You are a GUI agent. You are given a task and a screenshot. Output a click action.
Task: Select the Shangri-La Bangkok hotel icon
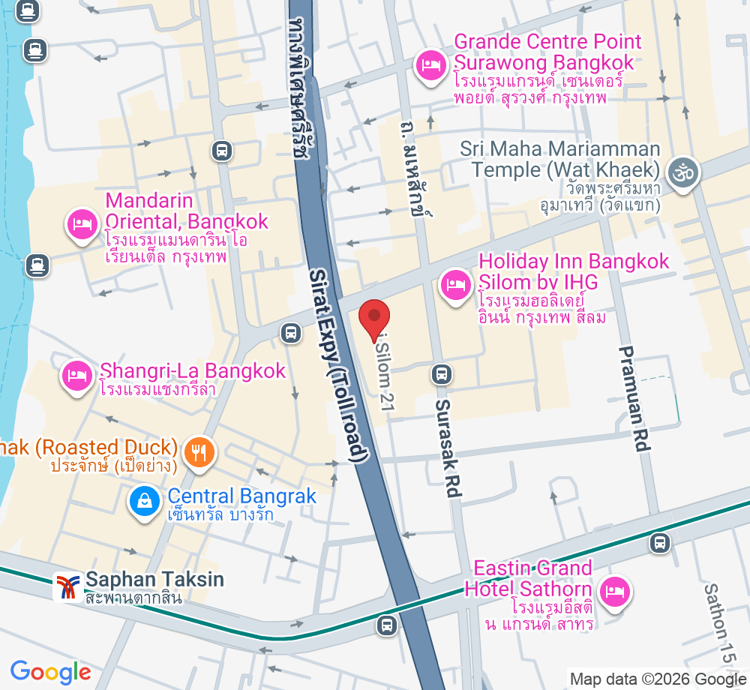[76, 373]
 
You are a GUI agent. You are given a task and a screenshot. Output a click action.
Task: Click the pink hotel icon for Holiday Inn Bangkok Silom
[455, 285]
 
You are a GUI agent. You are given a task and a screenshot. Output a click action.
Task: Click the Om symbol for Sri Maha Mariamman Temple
[683, 173]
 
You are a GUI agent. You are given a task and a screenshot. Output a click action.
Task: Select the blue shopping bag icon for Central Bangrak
[142, 500]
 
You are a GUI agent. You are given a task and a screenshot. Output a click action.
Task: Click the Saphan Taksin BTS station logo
[68, 586]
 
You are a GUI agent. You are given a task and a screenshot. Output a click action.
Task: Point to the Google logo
[50, 670]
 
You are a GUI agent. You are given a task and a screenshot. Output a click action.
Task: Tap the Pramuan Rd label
[634, 398]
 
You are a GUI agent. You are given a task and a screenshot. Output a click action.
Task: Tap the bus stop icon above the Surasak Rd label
[442, 373]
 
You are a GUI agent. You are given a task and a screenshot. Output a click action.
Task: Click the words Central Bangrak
[241, 496]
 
